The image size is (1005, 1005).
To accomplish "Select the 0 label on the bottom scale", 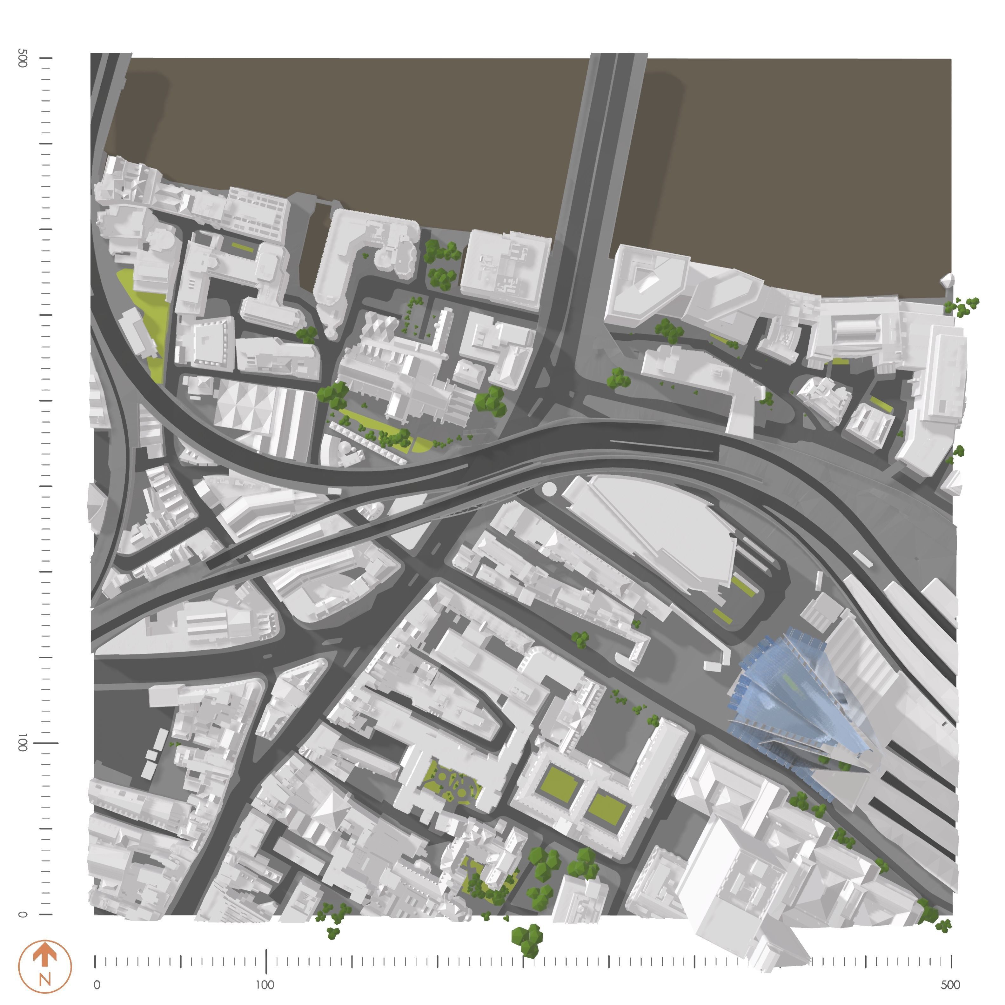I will click(x=97, y=985).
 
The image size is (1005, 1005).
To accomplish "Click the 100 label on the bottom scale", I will click(x=265, y=985).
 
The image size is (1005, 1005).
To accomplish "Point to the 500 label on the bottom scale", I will click(x=950, y=985).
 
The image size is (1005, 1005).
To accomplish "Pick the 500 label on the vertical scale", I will click(x=22, y=58).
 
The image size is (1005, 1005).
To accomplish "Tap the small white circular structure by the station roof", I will click(x=549, y=489).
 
